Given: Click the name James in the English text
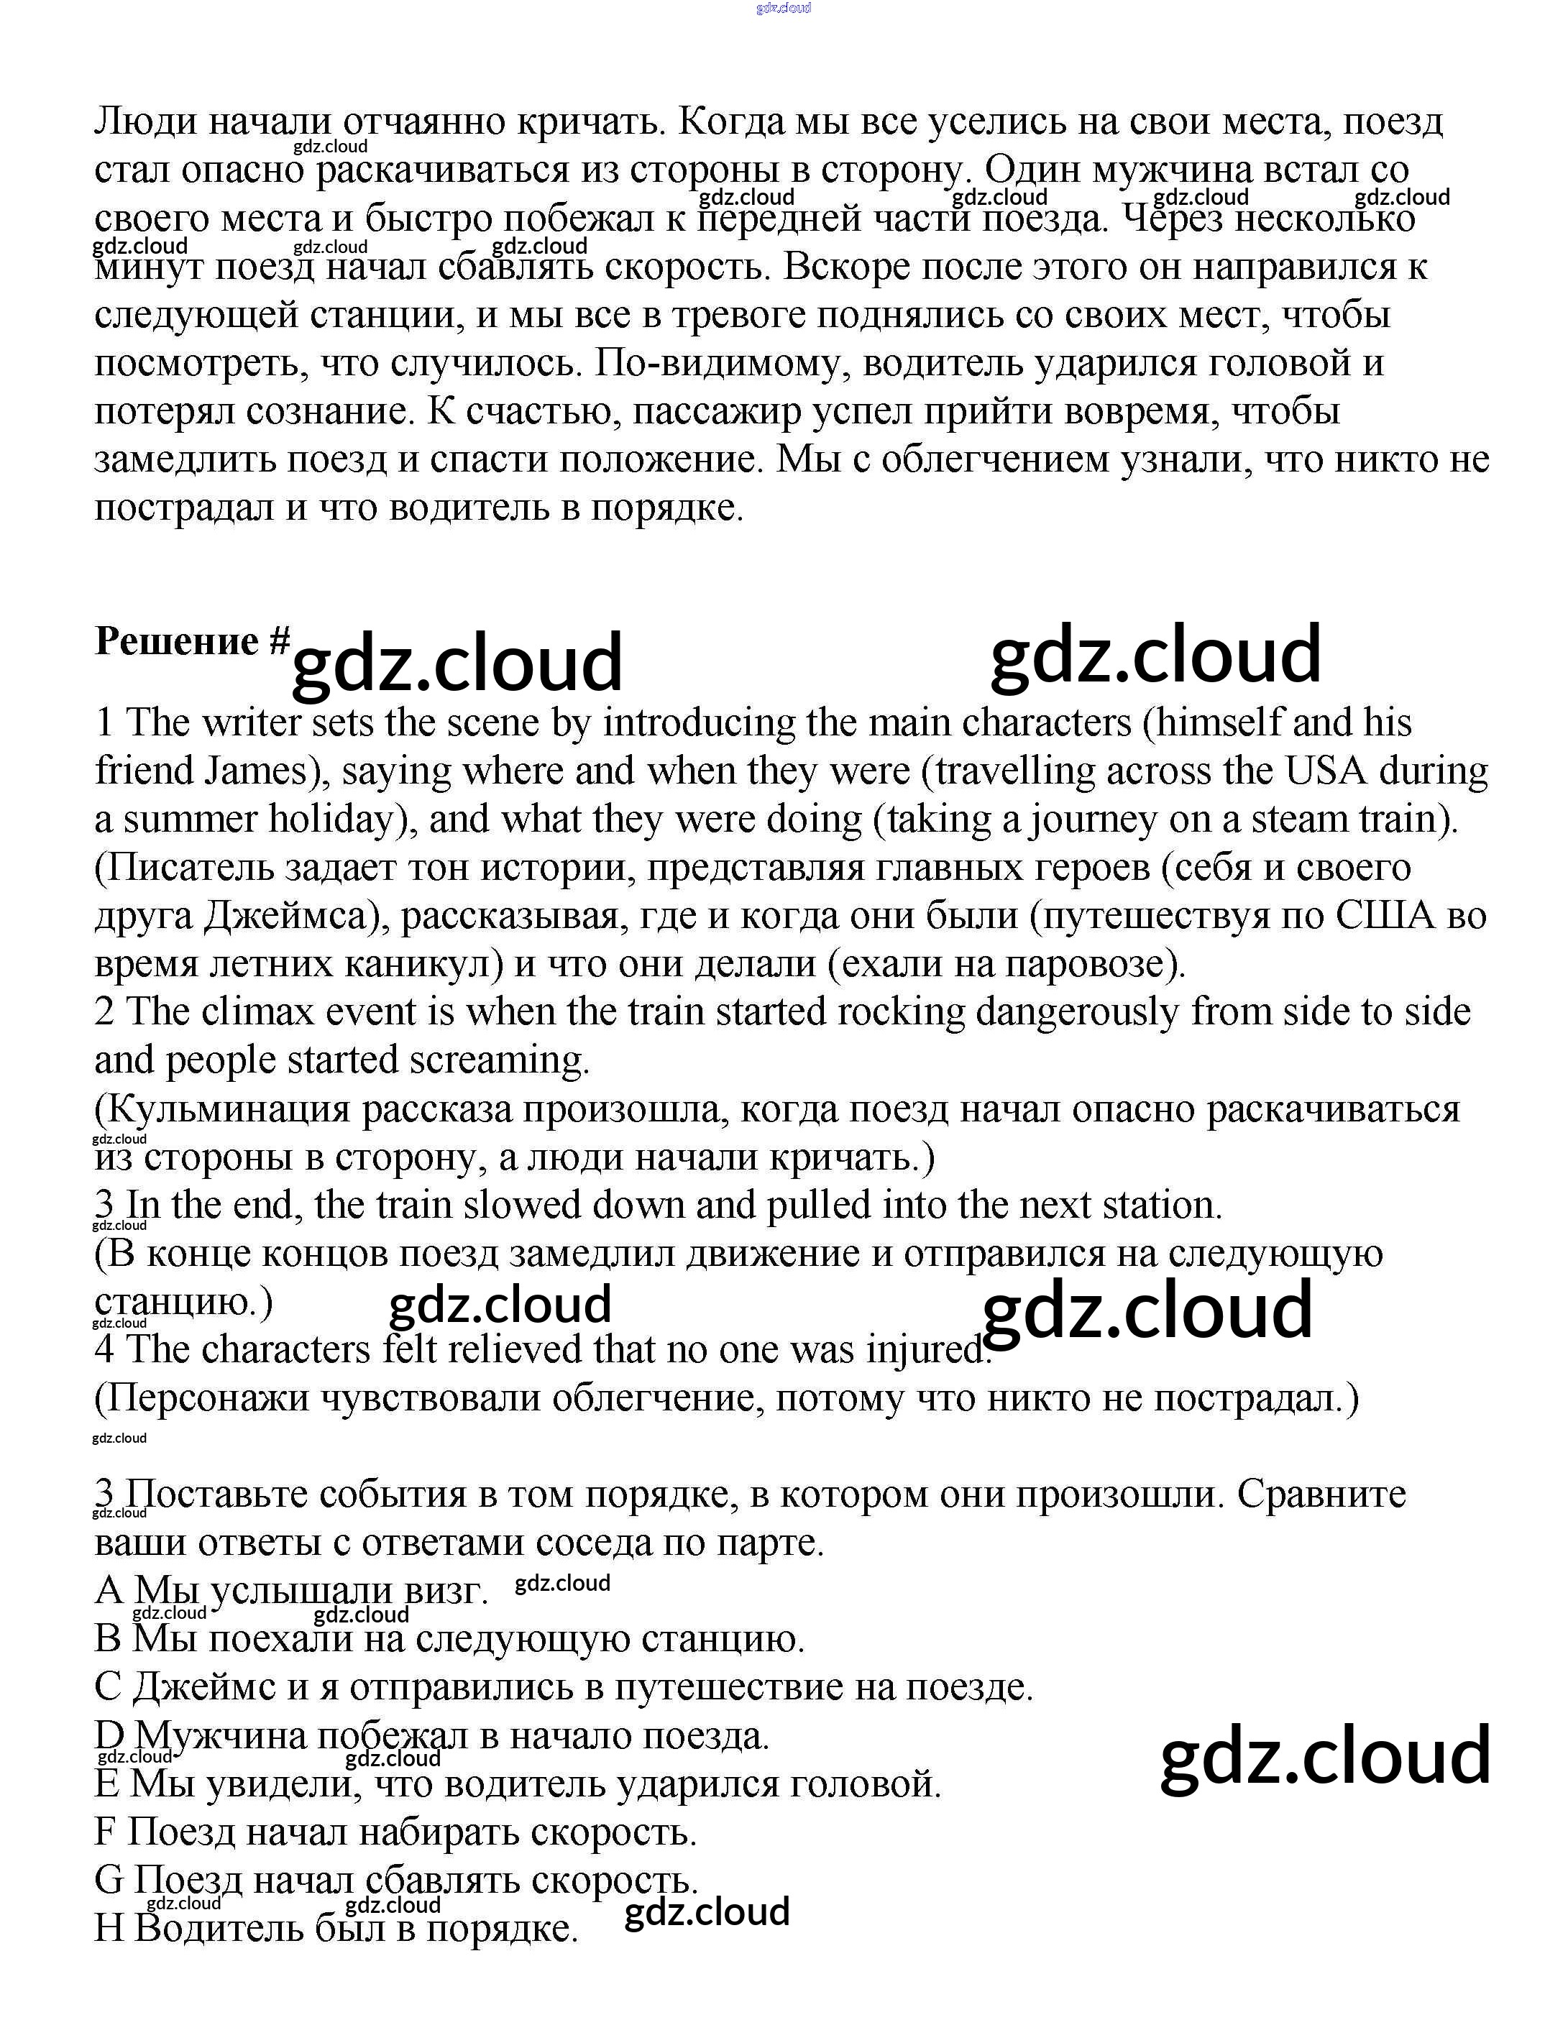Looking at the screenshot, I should [255, 771].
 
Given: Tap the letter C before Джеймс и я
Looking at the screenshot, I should [107, 1687].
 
